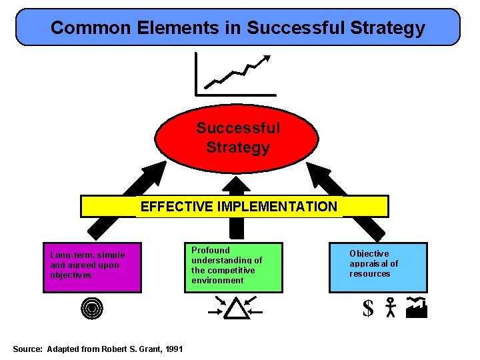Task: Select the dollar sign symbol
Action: pyautogui.click(x=368, y=309)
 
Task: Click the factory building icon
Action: pyautogui.click(x=416, y=307)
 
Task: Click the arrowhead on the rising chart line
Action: pyautogui.click(x=268, y=57)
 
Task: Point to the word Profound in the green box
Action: pyautogui.click(x=210, y=250)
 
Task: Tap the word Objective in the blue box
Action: pyautogui.click(x=369, y=253)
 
